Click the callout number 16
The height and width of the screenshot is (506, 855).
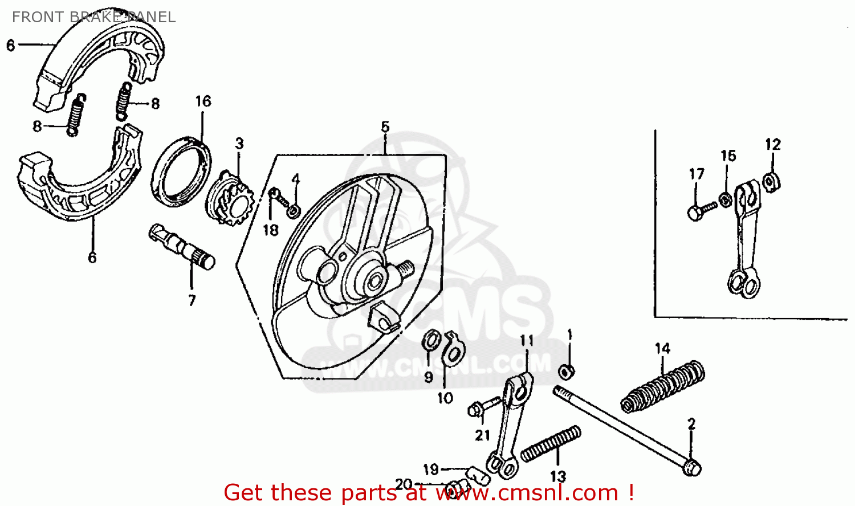203,101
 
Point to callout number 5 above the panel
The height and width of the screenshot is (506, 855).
385,126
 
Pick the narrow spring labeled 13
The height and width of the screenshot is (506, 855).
551,443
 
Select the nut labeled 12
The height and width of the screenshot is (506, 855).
772,181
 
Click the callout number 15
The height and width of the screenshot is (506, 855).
728,156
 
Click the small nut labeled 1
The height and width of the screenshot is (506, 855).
566,372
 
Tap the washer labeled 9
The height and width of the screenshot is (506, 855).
431,341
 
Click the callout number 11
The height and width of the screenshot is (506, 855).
527,341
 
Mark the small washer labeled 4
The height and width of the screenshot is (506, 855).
294,211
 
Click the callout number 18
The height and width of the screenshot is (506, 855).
270,230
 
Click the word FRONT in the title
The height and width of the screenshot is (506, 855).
35,17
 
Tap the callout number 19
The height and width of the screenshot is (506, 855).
431,469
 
